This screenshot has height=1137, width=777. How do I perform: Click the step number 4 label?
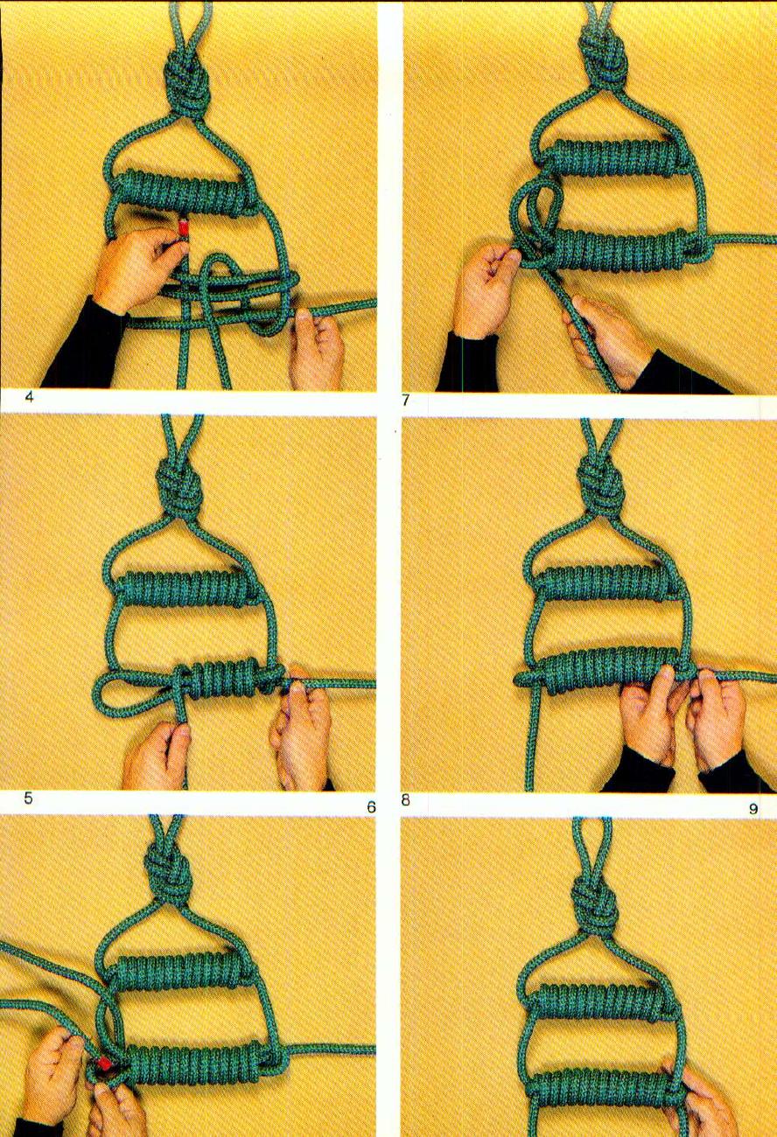coord(29,397)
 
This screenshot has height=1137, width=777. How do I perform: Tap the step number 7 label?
coord(406,401)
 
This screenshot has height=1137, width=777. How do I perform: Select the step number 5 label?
coord(29,799)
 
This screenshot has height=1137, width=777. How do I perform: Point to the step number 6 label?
coord(370,806)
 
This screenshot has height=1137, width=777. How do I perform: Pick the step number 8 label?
coord(406,799)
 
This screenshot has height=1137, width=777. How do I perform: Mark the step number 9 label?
coord(752,808)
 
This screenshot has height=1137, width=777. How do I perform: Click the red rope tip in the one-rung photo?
coord(183,230)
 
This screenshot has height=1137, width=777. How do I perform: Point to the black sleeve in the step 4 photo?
coord(83,345)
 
